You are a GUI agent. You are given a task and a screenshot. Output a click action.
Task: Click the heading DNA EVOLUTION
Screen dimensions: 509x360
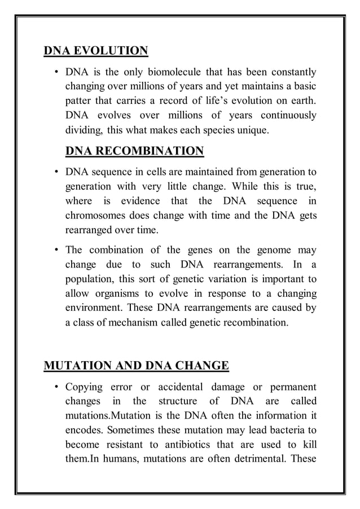[x=96, y=51]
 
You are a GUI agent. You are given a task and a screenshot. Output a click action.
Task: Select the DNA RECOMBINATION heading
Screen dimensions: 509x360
[x=134, y=151]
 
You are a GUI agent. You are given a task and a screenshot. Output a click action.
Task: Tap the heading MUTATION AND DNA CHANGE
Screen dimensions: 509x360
[x=136, y=366]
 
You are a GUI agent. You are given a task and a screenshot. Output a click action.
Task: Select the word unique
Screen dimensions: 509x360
[x=254, y=131]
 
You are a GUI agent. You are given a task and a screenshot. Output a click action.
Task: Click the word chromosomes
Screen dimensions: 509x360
[x=98, y=216]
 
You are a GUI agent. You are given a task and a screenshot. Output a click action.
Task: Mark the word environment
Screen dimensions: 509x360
[x=94, y=308]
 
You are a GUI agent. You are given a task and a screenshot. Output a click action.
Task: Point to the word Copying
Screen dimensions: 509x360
[x=84, y=387]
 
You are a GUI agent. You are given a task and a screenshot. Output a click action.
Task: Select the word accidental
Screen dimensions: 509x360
[x=183, y=387]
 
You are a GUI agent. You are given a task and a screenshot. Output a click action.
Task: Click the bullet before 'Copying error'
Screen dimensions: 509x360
[x=56, y=387]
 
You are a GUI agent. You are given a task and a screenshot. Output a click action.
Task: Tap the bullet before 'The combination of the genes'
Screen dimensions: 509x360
[x=56, y=249]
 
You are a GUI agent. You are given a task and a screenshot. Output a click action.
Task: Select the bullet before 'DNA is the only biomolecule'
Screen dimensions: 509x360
[x=56, y=72]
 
